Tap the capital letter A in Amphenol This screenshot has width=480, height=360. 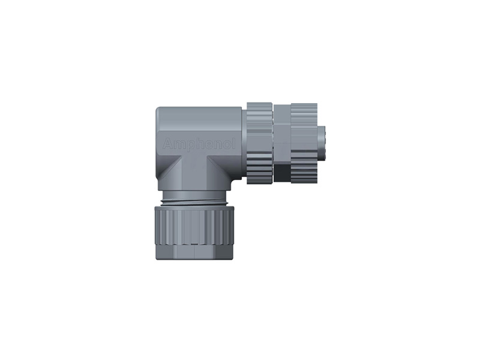tap(167, 145)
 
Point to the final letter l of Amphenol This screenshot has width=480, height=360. tap(234, 144)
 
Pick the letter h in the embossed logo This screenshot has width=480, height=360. tap(200, 144)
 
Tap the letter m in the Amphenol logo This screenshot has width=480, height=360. tap(179, 145)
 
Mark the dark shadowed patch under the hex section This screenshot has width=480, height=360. tap(281, 173)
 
